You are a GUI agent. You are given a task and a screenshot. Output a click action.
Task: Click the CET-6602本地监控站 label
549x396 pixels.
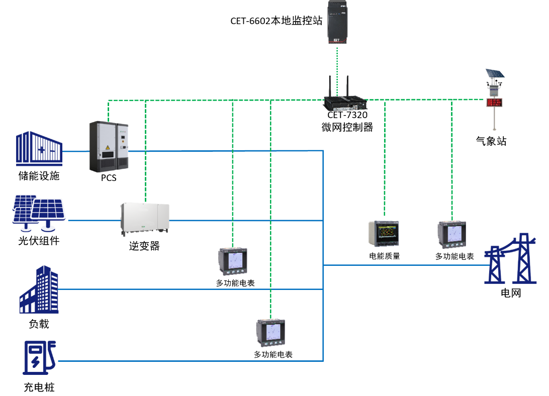[276, 21]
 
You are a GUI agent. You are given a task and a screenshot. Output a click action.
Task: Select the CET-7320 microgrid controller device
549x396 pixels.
[345, 101]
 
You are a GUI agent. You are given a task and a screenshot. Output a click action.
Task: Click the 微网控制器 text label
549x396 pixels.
[347, 127]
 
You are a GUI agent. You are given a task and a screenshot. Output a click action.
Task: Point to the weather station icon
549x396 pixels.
[495, 98]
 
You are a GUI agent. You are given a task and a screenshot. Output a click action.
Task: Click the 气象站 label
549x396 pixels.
[491, 141]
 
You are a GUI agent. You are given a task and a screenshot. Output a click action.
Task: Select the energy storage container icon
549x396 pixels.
[39, 149]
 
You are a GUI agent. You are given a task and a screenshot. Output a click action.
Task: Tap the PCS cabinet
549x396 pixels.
[109, 146]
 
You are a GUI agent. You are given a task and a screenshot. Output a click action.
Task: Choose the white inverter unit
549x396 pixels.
[145, 219]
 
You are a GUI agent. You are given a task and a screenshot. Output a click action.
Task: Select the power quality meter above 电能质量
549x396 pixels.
[385, 234]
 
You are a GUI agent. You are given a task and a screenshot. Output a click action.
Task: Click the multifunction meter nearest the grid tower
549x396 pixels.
[452, 235]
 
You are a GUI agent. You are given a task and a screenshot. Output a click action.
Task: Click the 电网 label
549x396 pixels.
[511, 292]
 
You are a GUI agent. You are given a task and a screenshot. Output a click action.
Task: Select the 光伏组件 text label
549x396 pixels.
[39, 241]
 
